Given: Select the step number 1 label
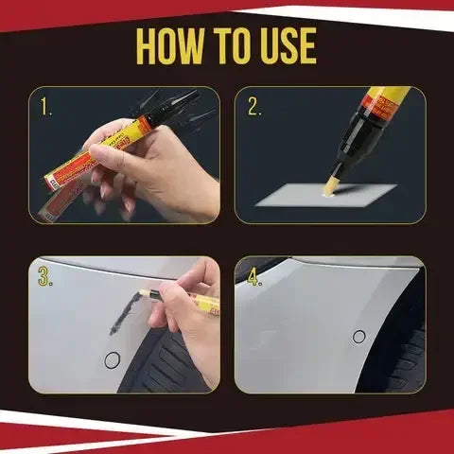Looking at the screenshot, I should (44, 107).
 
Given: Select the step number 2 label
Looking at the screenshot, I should (254, 106).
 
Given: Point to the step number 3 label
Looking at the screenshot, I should (44, 277).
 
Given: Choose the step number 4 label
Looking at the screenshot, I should (254, 277).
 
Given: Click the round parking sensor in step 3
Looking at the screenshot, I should (112, 359).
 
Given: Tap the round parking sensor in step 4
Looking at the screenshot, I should (358, 336).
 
